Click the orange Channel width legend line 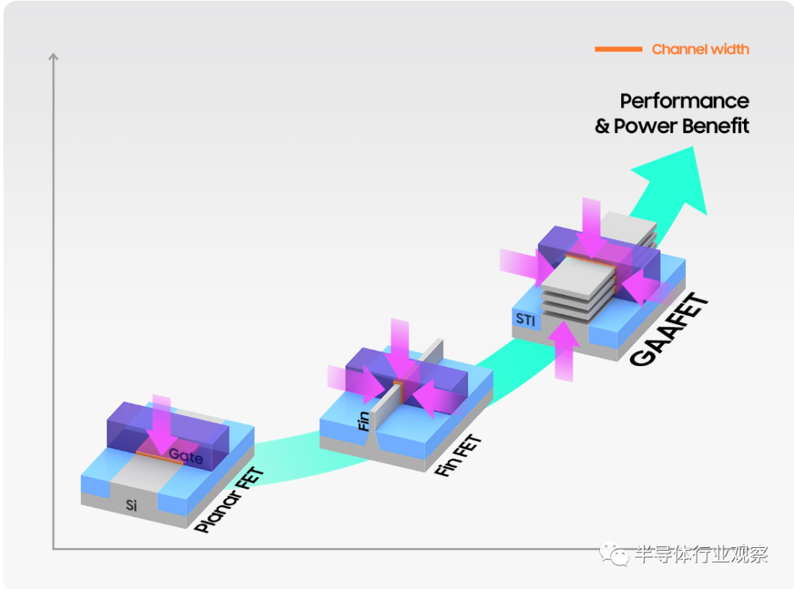click(618, 49)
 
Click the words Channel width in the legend click(701, 49)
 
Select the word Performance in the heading click(684, 101)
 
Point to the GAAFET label click(668, 329)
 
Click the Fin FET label click(458, 455)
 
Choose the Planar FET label click(229, 500)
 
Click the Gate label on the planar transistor click(186, 457)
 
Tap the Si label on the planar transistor click(131, 505)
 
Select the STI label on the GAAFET click(525, 319)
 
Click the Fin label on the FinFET click(364, 421)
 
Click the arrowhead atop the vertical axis click(53, 57)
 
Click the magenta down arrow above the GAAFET click(591, 227)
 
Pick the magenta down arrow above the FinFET click(400, 349)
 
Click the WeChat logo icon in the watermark click(614, 554)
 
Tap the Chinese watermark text click(701, 554)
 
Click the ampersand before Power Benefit click(602, 126)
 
